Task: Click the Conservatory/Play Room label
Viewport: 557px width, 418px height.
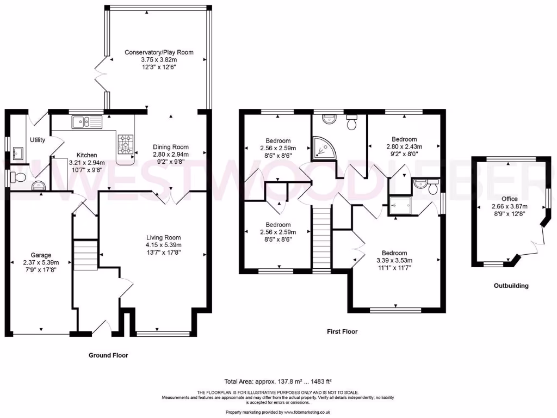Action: tap(159, 52)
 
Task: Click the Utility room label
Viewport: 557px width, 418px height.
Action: tap(38, 140)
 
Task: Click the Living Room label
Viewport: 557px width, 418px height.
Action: tap(163, 237)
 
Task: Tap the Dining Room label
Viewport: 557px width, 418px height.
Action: tap(170, 147)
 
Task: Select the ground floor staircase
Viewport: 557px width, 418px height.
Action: tap(85, 255)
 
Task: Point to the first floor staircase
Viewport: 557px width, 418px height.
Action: tap(322, 239)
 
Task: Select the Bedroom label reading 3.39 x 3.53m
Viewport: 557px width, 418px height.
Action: tap(394, 253)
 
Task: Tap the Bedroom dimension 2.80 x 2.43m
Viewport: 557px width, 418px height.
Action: tap(404, 146)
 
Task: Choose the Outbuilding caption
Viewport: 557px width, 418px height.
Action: tap(511, 285)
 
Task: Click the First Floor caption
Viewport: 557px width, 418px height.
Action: tap(342, 331)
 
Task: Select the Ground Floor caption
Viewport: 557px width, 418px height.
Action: tap(108, 355)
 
